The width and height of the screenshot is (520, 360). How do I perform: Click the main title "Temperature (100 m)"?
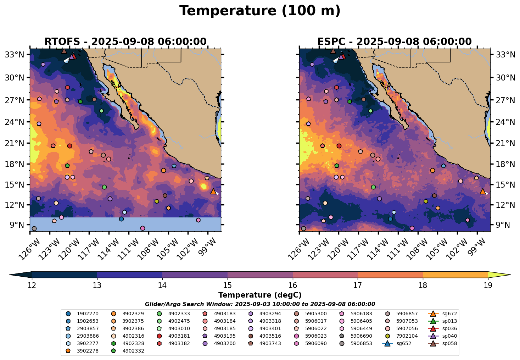tap(260, 11)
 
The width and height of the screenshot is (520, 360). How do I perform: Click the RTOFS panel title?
tap(125, 42)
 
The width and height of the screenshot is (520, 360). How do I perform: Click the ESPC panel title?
tap(395, 42)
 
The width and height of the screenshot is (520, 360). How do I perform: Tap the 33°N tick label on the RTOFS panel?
tap(16, 55)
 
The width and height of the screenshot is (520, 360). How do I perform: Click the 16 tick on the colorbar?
tap(293, 286)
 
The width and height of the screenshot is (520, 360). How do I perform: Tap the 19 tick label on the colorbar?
tap(488, 286)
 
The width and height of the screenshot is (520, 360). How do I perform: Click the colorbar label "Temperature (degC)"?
tap(260, 295)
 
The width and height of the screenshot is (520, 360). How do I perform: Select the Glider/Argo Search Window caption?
tap(260, 304)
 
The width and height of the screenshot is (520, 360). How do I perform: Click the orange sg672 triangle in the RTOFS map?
tap(213, 192)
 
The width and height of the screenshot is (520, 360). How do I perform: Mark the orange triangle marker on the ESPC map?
tap(482, 192)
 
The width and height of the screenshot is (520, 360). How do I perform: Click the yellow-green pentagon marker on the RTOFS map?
tap(157, 201)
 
